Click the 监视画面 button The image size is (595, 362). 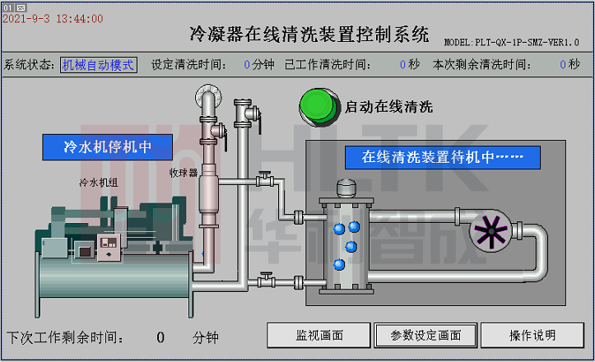pos(318,335)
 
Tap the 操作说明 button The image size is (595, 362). pos(532,335)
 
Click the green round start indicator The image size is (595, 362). pos(318,105)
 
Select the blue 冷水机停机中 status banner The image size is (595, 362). pos(107,147)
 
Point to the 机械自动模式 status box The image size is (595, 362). pos(98,64)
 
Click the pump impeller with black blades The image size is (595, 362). pos(489,230)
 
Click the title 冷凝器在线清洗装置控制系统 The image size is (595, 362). pos(309,35)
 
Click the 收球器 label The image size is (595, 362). pos(184,173)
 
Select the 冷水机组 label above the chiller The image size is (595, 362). pos(98,183)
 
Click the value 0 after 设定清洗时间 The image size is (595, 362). pos(247,64)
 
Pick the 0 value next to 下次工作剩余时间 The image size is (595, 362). pos(160,336)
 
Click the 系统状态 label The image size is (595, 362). pos(29,64)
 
